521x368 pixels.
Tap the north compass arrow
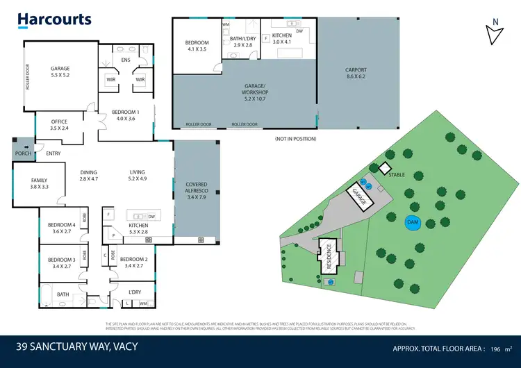pos(495,33)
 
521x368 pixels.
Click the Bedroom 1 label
pos(128,115)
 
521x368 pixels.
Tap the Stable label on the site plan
pos(397,175)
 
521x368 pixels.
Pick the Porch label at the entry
pos(23,153)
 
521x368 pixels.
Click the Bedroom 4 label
pos(61,228)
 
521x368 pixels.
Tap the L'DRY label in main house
pos(135,292)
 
